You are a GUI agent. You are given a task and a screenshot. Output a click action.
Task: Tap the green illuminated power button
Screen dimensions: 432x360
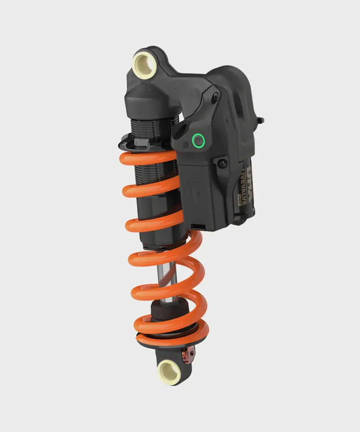[x=198, y=141]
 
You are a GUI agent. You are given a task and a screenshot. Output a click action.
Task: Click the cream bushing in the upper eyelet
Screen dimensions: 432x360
[x=144, y=64]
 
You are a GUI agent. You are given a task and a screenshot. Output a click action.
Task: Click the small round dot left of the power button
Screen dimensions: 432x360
[x=186, y=145]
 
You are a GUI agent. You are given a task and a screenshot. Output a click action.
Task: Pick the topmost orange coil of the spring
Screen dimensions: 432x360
[x=148, y=158]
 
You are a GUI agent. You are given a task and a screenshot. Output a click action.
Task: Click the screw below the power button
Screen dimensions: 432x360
[x=222, y=163]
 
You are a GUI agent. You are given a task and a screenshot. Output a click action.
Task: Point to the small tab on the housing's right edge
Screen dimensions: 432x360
[x=261, y=120]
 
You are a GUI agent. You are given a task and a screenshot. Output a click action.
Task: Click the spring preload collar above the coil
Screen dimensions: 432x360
[x=135, y=143]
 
